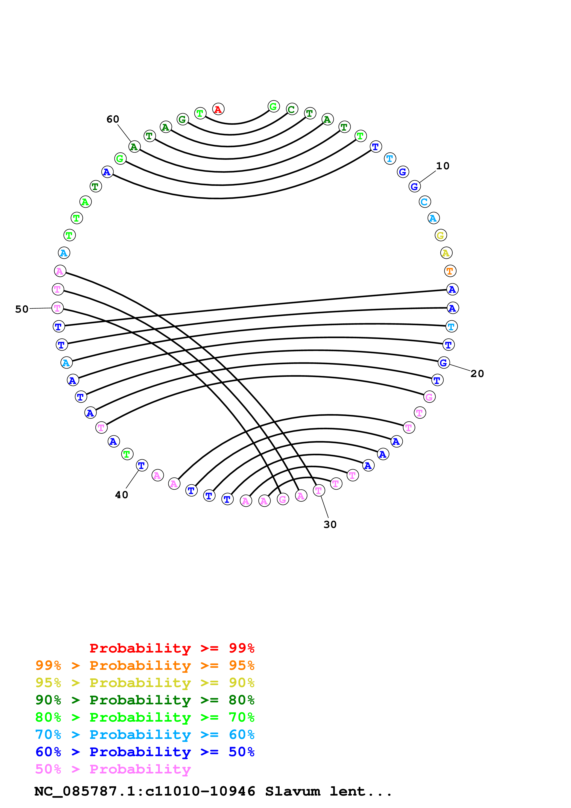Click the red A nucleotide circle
(x=218, y=109)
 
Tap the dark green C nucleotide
(x=292, y=109)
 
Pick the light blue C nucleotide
(x=425, y=202)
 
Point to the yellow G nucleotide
(x=440, y=235)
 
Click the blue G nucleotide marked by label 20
(x=444, y=363)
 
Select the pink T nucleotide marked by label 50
(x=57, y=308)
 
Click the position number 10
(x=442, y=166)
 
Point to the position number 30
(x=330, y=525)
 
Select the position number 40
(x=122, y=495)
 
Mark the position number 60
(x=113, y=119)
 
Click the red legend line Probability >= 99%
(x=172, y=648)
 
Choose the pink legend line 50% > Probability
(x=113, y=769)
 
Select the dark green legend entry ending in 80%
(x=145, y=700)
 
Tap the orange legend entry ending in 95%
(x=145, y=665)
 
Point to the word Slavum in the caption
(x=292, y=791)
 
